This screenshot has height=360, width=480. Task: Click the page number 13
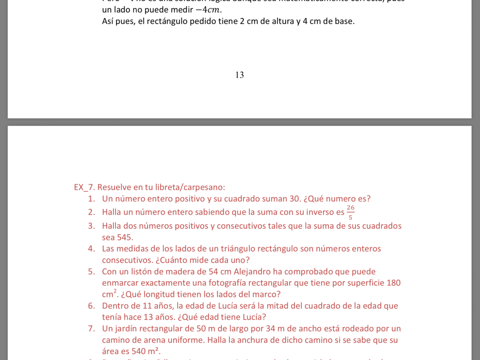[x=240, y=75]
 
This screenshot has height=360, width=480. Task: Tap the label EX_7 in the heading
[x=84, y=187]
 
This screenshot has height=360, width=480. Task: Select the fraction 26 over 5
[x=351, y=212]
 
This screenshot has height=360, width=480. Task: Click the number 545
[x=117, y=237]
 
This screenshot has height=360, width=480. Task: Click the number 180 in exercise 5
[x=394, y=283]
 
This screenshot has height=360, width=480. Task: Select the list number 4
[x=92, y=249]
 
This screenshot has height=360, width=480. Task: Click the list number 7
[x=92, y=329]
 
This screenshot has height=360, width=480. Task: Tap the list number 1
[x=92, y=199]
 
